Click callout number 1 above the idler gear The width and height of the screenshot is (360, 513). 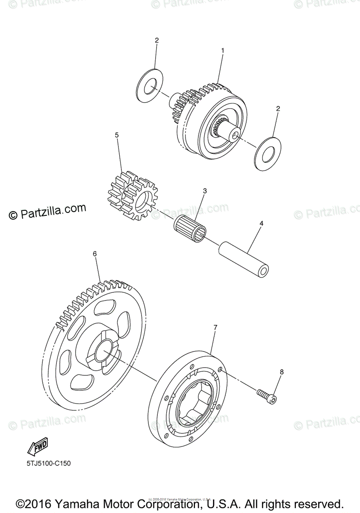pyautogui.click(x=222, y=50)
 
